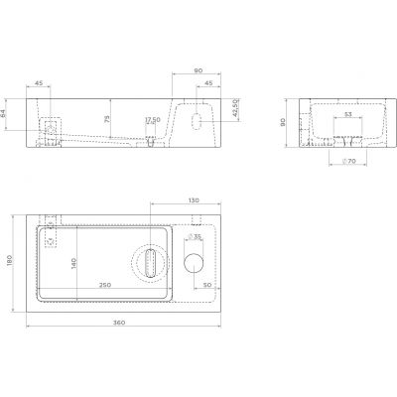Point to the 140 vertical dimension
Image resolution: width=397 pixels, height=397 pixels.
coord(73,263)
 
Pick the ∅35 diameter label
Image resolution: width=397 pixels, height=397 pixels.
coord(197,237)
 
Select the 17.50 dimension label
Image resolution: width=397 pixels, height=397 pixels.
coord(152,120)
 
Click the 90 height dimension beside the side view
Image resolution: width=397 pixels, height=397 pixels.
coord(283,123)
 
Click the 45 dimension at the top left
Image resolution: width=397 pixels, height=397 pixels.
coord(39,83)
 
